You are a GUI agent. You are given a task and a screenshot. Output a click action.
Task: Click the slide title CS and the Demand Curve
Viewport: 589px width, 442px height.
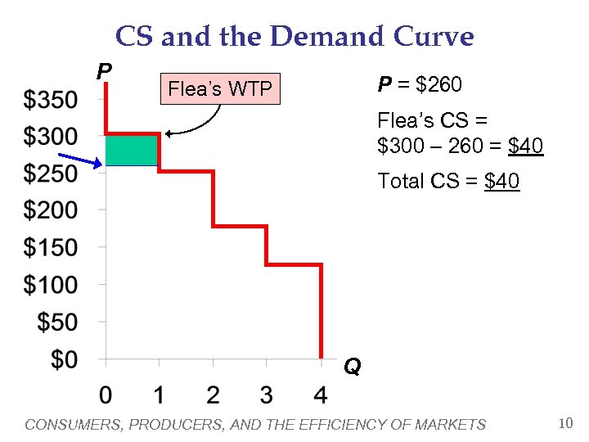click(294, 37)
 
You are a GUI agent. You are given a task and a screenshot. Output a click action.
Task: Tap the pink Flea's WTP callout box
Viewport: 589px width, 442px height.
click(219, 89)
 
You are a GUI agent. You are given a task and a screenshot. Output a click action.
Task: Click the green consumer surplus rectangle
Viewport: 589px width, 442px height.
click(132, 151)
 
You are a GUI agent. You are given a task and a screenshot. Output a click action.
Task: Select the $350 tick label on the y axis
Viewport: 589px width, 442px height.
click(51, 100)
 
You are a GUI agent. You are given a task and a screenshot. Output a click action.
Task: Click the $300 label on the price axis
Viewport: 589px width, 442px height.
click(51, 136)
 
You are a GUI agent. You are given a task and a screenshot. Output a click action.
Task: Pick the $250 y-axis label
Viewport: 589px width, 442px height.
click(51, 174)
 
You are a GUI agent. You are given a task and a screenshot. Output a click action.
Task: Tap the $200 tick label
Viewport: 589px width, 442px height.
click(51, 210)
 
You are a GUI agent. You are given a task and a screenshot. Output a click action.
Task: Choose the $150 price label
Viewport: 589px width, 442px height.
click(51, 247)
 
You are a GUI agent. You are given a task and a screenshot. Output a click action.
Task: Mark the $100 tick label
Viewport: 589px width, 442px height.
click(51, 285)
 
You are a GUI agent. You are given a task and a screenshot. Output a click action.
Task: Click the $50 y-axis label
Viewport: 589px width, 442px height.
click(57, 322)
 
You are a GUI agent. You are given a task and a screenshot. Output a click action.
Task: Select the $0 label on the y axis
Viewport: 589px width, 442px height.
click(62, 359)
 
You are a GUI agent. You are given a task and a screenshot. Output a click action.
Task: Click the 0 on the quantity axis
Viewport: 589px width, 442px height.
click(106, 395)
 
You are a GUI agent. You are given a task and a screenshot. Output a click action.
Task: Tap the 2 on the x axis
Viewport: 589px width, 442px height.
click(213, 395)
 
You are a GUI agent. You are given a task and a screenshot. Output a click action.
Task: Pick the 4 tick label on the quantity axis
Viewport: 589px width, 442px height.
click(320, 395)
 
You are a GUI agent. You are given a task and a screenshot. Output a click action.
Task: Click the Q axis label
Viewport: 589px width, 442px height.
click(352, 368)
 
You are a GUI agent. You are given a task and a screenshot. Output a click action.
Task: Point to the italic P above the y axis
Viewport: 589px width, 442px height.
click(104, 72)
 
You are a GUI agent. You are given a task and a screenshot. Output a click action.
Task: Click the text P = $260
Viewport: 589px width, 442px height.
click(420, 85)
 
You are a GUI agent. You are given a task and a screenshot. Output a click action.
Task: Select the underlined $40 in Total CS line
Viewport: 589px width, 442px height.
click(501, 181)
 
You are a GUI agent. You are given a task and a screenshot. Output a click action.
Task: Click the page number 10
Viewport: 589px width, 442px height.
click(564, 423)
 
